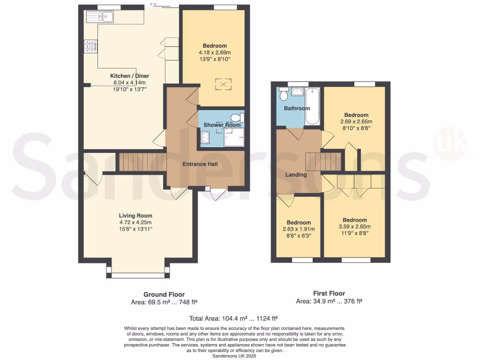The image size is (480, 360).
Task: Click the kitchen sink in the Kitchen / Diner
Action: (99, 17)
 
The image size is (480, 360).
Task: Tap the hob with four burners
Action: (90, 46)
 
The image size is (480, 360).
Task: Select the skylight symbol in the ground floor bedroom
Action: (223, 84)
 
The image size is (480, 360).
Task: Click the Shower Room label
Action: (222, 125)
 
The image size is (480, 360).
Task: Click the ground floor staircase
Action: (141, 162)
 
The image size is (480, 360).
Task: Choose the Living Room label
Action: (135, 216)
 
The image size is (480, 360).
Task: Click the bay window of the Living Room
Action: (138, 274)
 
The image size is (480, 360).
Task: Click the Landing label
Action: (296, 175)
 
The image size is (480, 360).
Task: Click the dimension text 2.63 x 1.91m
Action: (299, 229)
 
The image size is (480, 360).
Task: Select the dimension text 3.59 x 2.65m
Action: (354, 226)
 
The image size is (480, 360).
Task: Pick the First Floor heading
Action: (329, 293)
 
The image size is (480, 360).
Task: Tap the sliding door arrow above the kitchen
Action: (153, 5)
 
